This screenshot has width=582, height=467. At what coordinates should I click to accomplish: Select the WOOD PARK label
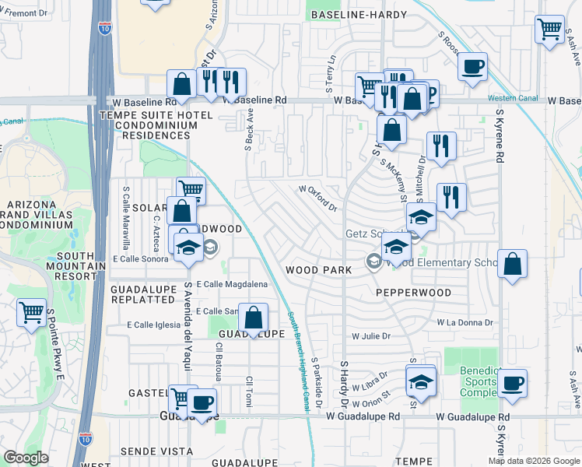pos(319,269)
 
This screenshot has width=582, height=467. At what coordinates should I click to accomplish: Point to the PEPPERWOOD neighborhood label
pos(413,293)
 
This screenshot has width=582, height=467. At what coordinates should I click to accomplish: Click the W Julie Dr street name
pos(370,336)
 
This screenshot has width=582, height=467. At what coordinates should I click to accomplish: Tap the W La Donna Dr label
pos(465,322)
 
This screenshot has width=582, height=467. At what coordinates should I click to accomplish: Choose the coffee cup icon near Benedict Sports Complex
pos(513,383)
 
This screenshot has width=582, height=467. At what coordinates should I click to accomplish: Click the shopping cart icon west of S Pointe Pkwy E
pos(31,313)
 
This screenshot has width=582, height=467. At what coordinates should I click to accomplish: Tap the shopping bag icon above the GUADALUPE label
pos(253,318)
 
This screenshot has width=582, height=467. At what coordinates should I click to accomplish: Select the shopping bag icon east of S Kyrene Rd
pos(513,264)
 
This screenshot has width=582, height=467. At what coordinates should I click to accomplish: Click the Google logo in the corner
pos(26,458)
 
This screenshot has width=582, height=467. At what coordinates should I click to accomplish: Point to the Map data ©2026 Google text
pos(533,461)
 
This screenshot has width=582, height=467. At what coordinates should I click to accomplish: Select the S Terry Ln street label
pos(331,71)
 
